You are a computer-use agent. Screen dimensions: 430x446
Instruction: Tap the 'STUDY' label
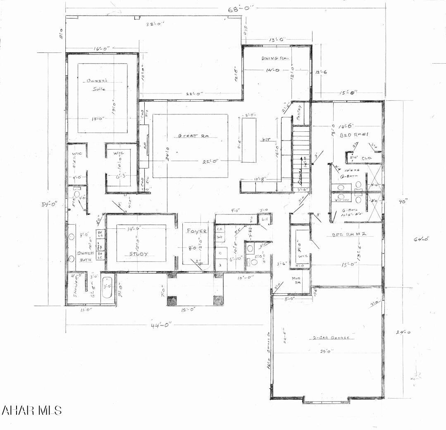click(139, 254)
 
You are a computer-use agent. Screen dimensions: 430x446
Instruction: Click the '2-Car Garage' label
click(330, 337)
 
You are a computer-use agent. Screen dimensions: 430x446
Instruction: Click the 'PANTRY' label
click(300, 112)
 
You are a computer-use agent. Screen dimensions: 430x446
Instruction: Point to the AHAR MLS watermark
click(32, 410)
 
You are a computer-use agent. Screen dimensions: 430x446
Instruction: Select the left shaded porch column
click(172, 300)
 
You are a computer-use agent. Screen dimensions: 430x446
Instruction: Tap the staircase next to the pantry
click(301, 155)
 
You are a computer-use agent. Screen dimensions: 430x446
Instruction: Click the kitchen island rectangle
click(249, 140)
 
